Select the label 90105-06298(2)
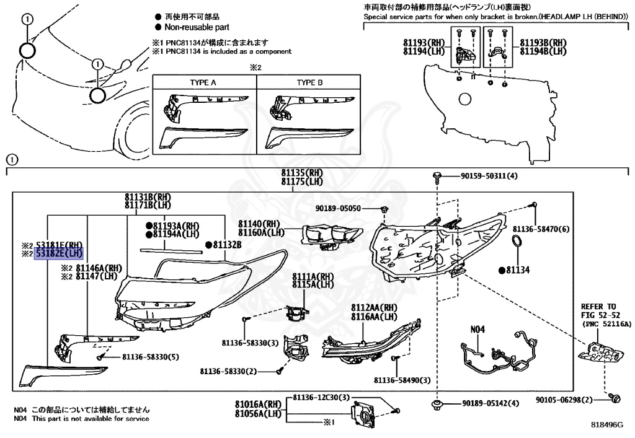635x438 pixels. pos(565,400)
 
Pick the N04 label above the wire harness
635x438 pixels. pos(477,330)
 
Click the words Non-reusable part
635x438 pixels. pos(197,27)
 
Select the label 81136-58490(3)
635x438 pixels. pos(402,379)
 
